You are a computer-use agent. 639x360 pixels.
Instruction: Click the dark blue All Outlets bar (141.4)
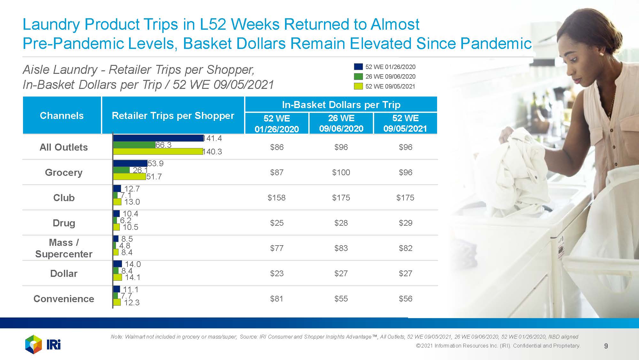pos(158,138)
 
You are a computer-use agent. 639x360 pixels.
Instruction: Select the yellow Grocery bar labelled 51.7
pos(129,176)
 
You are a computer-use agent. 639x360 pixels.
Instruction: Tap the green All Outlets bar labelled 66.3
pos(134,145)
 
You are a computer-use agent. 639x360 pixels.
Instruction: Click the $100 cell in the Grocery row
pos(341,172)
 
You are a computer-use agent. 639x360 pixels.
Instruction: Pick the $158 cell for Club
pos(276,198)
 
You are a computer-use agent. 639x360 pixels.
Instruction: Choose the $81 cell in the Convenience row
pos(276,299)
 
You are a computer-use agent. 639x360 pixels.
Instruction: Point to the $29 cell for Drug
pos(405,223)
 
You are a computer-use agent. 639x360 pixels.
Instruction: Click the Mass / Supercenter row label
pos(64,248)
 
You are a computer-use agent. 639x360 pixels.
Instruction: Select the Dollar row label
pos(64,273)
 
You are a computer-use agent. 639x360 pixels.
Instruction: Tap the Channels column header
pos(62,115)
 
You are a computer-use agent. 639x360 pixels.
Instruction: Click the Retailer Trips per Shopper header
pos(173,115)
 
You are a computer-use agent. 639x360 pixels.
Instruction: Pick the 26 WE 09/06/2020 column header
pos(341,123)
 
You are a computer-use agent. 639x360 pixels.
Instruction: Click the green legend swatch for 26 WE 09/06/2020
pos(358,76)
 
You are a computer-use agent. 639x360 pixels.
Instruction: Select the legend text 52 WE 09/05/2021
pos(390,86)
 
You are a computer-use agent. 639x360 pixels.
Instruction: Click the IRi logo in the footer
pos(43,344)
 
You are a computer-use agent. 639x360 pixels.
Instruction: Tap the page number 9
pos(606,346)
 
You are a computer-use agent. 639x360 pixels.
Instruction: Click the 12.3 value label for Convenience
pos(132,302)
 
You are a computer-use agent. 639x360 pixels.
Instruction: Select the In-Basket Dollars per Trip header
pos(341,105)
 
